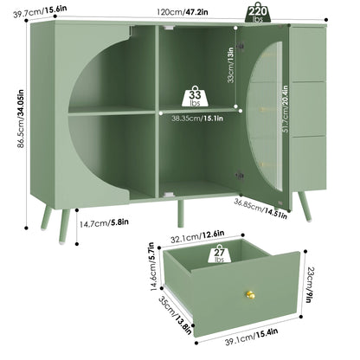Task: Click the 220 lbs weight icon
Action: coord(258,13)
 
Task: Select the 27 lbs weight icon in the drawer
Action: coord(219,254)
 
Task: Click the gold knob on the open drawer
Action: coord(250,295)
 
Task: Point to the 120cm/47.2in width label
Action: coord(183,12)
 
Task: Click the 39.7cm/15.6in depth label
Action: coord(40,11)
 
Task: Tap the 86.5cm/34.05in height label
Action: coord(21,119)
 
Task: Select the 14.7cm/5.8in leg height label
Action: coord(104,222)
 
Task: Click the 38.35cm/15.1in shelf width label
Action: coord(197,118)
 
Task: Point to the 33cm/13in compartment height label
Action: coord(230,65)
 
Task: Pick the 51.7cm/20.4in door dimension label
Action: coord(285,109)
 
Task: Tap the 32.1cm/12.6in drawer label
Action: coord(197,237)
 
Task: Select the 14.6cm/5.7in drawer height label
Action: coord(155,267)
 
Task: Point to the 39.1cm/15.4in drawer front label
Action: coord(252,337)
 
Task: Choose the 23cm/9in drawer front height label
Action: coord(310,285)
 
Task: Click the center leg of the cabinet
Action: coord(181,214)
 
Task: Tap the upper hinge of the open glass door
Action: coord(240,46)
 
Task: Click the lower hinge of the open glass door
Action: coord(239,176)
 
